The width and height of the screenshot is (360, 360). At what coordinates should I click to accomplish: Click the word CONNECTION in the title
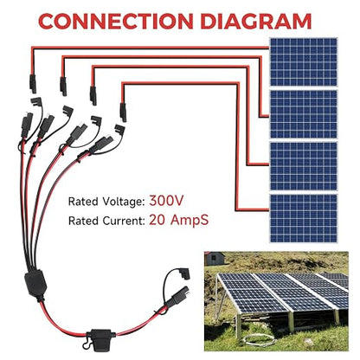pos(116,21)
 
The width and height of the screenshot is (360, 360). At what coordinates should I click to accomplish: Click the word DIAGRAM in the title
pos(256,21)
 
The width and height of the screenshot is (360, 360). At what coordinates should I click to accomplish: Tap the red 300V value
pos(166,201)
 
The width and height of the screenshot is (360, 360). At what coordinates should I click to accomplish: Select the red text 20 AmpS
pos(178,220)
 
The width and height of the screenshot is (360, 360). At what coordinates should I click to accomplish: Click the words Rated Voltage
pos(106,202)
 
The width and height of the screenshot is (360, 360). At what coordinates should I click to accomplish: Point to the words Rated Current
pos(106,221)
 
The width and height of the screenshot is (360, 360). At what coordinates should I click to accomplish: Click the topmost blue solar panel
pos(304,62)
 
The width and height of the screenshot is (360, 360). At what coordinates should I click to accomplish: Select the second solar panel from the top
pos(304,114)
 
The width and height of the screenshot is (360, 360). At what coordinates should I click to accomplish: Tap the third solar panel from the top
pos(304,166)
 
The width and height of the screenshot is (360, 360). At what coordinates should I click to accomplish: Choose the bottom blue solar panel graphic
pos(304,218)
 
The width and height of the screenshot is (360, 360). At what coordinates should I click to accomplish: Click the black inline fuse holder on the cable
pos(100,337)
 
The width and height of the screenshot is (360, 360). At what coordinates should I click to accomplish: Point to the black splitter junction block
pos(35,283)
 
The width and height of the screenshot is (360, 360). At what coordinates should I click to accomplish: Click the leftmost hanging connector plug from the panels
pos(33,84)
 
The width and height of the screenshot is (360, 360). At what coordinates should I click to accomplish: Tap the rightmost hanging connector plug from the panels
pos(123,112)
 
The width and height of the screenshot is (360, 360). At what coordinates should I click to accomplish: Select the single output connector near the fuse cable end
pos(179,295)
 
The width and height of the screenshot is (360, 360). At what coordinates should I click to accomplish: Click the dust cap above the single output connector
pos(184,273)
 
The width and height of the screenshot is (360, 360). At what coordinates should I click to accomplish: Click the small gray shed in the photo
pos(215,259)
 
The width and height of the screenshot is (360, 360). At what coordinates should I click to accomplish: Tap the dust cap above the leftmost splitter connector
pos(36,102)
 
